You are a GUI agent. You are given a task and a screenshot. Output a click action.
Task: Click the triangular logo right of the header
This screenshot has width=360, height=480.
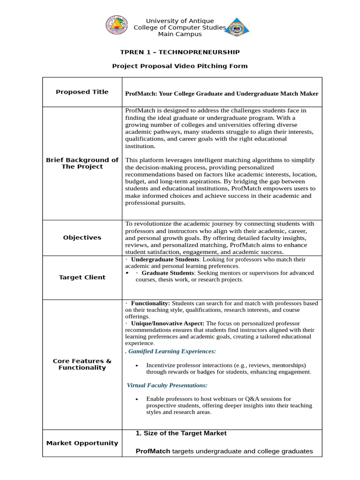pyautogui.click(x=237, y=27)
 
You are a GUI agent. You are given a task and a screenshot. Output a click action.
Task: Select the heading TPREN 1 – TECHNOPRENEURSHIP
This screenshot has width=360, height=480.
pyautogui.click(x=180, y=52)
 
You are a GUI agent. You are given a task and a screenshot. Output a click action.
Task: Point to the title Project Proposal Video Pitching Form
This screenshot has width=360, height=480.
pyautogui.click(x=180, y=66)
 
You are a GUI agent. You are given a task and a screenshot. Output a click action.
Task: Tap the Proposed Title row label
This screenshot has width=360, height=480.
pyautogui.click(x=82, y=92)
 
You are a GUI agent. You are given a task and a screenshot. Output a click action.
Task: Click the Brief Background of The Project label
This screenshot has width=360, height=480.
pyautogui.click(x=82, y=163)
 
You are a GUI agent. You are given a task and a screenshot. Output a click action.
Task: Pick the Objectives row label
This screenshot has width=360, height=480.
pyautogui.click(x=82, y=238)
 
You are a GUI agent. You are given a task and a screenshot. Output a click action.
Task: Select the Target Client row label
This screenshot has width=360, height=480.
pyautogui.click(x=82, y=277)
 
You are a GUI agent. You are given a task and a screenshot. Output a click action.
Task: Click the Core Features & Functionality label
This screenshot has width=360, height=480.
pyautogui.click(x=82, y=364)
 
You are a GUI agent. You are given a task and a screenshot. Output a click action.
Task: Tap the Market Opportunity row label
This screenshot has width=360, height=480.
pyautogui.click(x=82, y=443)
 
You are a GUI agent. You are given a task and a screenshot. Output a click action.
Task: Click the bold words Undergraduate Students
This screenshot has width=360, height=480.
pyautogui.click(x=165, y=259)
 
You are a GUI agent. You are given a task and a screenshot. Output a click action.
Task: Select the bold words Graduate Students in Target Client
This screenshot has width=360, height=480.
pyautogui.click(x=167, y=273)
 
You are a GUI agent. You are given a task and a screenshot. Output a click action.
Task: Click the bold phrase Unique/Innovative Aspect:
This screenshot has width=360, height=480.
pyautogui.click(x=168, y=323)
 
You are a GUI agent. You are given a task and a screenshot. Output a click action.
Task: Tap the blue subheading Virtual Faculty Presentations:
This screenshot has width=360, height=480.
pyautogui.click(x=167, y=385)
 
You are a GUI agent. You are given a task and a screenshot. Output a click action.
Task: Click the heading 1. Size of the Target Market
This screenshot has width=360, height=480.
pyautogui.click(x=181, y=433)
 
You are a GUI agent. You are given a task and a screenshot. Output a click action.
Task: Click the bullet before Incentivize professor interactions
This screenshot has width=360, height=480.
pyautogui.click(x=136, y=366)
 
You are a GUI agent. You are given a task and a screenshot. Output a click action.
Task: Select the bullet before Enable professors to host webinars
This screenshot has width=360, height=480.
pyautogui.click(x=136, y=399)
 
